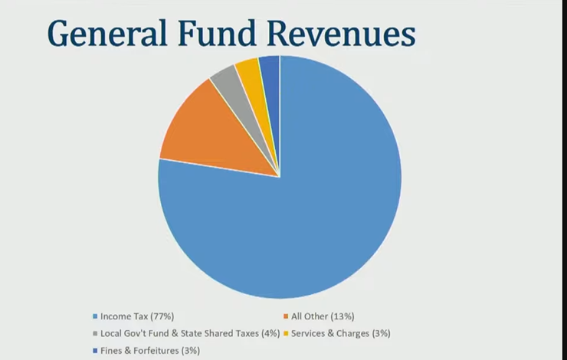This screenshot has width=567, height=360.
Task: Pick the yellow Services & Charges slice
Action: [x=249, y=71]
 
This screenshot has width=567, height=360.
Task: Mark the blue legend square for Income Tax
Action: [x=95, y=316]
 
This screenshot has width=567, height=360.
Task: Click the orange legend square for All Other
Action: [x=285, y=316]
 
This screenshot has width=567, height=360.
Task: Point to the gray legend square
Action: [x=95, y=333]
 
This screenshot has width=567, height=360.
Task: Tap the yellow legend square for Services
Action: [x=285, y=333]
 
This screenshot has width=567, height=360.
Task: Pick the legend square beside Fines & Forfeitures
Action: [x=95, y=350]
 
